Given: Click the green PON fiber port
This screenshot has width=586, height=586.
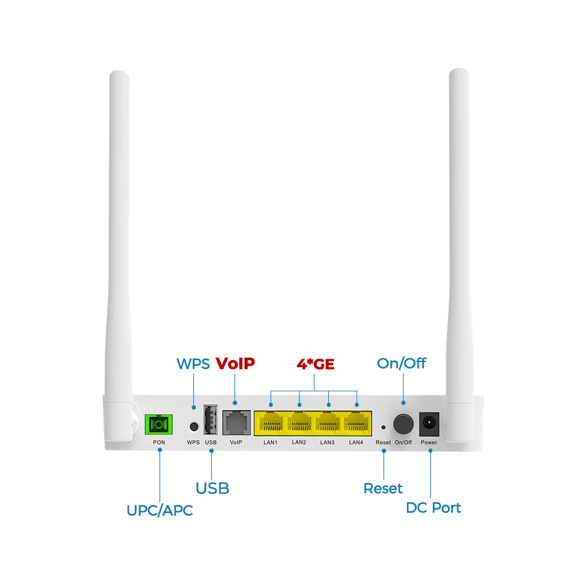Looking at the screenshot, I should click(x=157, y=425).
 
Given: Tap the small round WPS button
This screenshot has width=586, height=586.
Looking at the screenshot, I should click(x=193, y=426).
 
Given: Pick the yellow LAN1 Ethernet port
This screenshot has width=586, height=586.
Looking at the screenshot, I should click(x=270, y=424).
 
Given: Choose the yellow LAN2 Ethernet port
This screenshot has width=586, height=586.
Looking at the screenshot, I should click(x=299, y=424).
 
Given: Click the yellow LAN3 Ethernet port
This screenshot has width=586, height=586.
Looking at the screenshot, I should click(x=328, y=424).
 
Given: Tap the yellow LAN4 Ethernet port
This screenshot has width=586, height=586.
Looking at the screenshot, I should click(x=356, y=424).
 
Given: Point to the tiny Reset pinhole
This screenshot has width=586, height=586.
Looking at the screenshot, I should click(x=383, y=428).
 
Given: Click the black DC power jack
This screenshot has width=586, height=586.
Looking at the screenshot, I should click(x=429, y=424).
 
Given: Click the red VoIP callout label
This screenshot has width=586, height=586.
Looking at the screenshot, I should click(x=234, y=363).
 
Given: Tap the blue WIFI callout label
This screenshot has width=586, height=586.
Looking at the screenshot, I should click(x=193, y=363).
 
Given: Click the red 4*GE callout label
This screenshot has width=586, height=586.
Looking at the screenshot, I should click(x=315, y=363).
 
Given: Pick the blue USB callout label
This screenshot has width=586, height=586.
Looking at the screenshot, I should click(x=212, y=487).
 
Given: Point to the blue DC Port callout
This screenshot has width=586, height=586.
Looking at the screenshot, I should click(x=434, y=507).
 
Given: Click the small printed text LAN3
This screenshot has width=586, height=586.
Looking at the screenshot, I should click(x=328, y=443).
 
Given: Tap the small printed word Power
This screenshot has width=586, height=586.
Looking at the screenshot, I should click(x=429, y=443).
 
